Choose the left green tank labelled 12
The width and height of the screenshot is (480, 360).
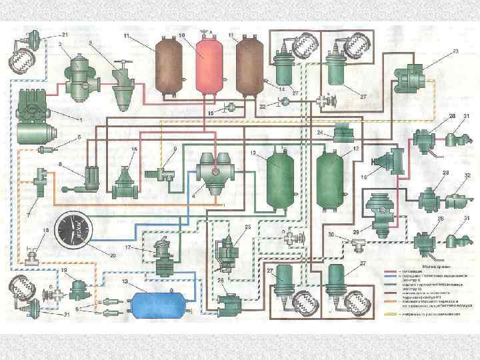click(x=279, y=177)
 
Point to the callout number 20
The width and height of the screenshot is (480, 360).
click(x=113, y=255)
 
